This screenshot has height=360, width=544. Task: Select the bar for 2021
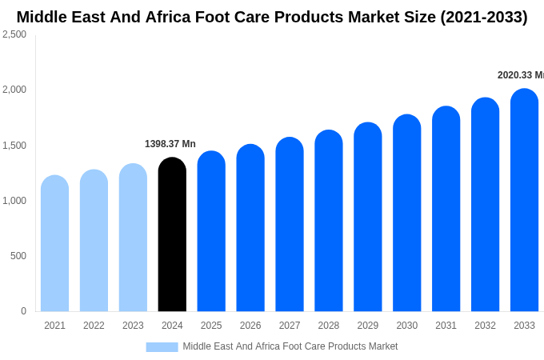54,243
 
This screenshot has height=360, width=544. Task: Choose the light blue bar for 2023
133,238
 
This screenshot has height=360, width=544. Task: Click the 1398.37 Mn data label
170,144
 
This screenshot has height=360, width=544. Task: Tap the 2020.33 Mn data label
520,75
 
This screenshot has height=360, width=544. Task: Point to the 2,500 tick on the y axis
14,34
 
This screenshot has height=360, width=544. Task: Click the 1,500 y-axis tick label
14,146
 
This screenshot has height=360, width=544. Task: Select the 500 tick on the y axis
18,256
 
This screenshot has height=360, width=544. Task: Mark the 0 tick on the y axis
23,311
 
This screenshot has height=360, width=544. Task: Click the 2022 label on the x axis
94,326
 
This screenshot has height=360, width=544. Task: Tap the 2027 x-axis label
290,326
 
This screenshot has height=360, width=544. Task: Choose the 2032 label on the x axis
485,326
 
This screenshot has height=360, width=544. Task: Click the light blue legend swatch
162,346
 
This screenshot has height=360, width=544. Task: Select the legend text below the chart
290,346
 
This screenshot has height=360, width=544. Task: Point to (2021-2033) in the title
483,17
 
